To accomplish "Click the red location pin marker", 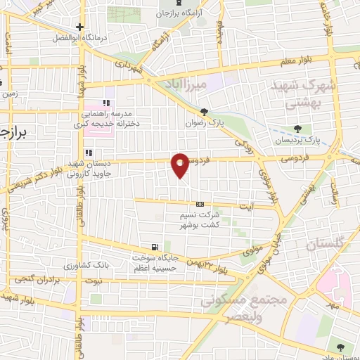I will click(181, 165).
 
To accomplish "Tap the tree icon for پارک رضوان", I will click(204, 111).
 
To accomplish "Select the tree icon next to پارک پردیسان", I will click(298, 129).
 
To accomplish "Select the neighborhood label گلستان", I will click(328, 245).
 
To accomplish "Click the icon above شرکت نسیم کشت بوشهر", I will click(200, 204).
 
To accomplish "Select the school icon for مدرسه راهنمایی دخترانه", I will click(106, 103).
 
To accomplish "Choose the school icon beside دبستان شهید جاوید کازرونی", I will click(88, 153).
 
